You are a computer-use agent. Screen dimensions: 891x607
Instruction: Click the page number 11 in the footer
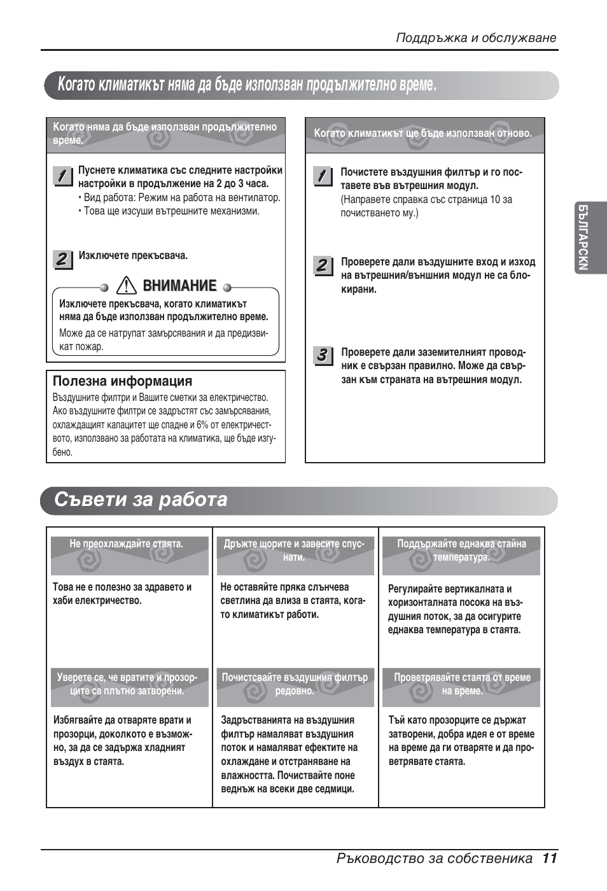[x=550, y=858]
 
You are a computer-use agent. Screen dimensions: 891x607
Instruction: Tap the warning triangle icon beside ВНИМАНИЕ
[x=127, y=286]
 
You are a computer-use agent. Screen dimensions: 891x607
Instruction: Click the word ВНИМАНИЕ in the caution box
[x=179, y=286]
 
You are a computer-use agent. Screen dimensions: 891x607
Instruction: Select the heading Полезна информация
[x=122, y=381]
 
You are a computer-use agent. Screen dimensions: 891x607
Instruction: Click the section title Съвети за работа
[x=141, y=500]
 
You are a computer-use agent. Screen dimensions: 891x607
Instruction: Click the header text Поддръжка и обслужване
[x=476, y=38]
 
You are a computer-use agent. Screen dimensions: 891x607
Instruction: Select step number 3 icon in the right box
[x=323, y=355]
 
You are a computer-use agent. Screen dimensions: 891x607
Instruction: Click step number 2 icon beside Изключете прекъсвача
[x=62, y=259]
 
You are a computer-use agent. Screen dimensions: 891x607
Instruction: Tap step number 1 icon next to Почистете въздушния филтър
[x=323, y=176]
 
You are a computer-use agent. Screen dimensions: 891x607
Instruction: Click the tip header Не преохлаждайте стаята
[x=126, y=544]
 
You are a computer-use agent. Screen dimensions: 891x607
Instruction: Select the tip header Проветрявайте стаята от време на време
[x=462, y=684]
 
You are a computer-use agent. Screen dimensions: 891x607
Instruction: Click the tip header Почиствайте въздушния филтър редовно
[x=295, y=684]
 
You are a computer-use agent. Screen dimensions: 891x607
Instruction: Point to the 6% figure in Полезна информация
[x=202, y=425]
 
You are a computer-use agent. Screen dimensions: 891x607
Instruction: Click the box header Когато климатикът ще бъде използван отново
[x=422, y=134]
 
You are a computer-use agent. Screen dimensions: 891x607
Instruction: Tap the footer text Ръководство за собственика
[x=435, y=859]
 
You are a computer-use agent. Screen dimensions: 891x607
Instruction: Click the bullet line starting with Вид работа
[x=182, y=198]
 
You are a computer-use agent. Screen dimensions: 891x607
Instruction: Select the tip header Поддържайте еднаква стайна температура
[x=461, y=551]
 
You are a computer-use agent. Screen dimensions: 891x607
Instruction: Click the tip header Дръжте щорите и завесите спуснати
[x=294, y=551]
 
